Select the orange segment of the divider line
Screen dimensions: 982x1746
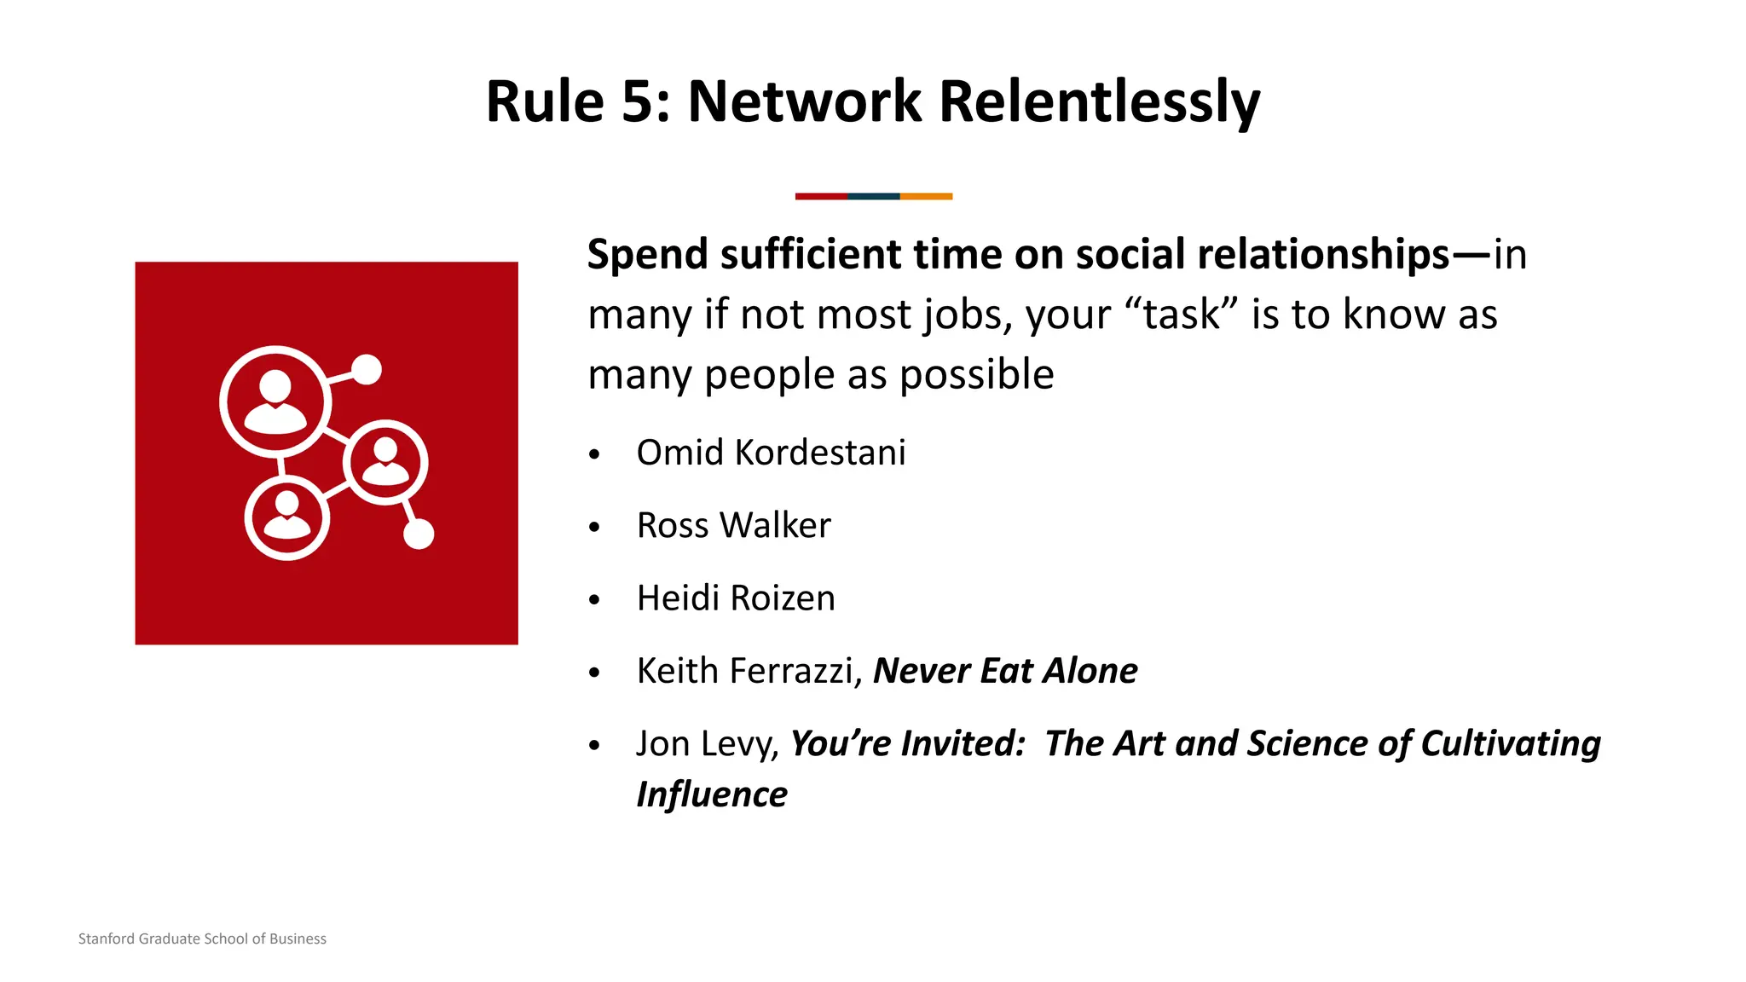pyautogui.click(x=926, y=196)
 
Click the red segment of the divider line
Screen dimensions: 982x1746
pyautogui.click(x=821, y=196)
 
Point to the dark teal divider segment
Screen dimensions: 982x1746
pyautogui.click(x=874, y=196)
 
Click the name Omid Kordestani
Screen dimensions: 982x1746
pyautogui.click(x=771, y=453)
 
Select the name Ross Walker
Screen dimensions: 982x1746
pyautogui.click(x=733, y=525)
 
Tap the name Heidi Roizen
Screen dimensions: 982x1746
pyautogui.click(x=736, y=598)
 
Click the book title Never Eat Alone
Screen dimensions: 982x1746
pyautogui.click(x=1005, y=671)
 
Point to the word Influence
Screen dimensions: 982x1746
pyautogui.click(x=712, y=794)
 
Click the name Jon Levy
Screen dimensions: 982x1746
pyautogui.click(x=707, y=743)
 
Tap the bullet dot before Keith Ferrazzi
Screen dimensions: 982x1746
pyautogui.click(x=594, y=673)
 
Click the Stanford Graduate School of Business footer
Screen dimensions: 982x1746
pyautogui.click(x=202, y=939)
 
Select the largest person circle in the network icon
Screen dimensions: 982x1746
pyautogui.click(x=275, y=401)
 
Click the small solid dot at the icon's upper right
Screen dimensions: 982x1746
pyautogui.click(x=367, y=369)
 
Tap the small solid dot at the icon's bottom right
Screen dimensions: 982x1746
pyautogui.click(x=419, y=534)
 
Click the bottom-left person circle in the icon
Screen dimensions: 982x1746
pyautogui.click(x=287, y=517)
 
